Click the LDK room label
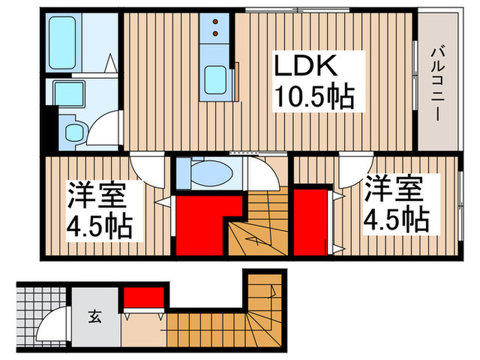tap(307, 68)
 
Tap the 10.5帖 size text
tap(315, 98)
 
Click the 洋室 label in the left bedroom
tap(97, 194)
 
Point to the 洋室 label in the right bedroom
tap(393, 189)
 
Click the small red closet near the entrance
tap(143, 298)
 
